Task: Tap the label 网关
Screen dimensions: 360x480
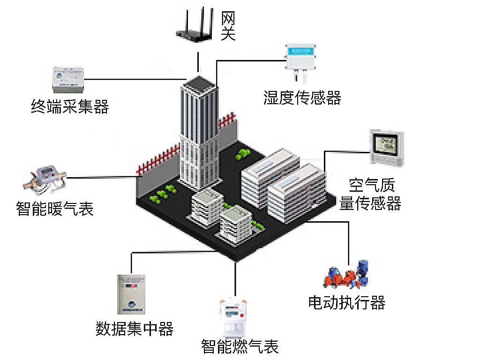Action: coord(228,26)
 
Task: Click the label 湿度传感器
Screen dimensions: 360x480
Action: coord(302,98)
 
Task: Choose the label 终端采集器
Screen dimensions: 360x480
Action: coord(70,107)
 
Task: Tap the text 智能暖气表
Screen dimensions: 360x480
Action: coord(55,208)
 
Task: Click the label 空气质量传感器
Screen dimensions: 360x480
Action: coord(370,195)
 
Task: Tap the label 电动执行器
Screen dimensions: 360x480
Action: coord(347,302)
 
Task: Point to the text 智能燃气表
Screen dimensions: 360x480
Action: coord(240,346)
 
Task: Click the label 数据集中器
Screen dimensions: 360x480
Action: coord(135,328)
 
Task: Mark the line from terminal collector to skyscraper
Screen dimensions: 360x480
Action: coord(136,79)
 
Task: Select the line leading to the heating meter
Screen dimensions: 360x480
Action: coord(101,177)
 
